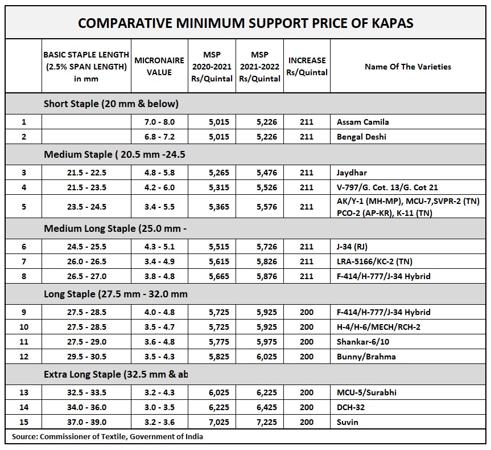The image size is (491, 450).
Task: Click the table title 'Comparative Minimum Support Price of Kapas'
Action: [246, 23]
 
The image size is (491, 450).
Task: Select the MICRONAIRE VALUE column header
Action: [159, 66]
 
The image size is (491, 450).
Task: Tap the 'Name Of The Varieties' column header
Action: [408, 67]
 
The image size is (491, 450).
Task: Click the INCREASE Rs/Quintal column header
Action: [307, 66]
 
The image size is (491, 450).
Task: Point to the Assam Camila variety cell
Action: [362, 122]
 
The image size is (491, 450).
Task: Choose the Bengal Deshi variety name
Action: [361, 137]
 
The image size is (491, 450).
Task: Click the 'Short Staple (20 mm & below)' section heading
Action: [111, 104]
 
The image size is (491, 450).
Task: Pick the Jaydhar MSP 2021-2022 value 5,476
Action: [267, 173]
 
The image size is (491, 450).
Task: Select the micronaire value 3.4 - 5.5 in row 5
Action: [159, 207]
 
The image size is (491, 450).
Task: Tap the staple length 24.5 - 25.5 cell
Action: [86, 247]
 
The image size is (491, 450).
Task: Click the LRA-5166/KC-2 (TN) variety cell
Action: [374, 261]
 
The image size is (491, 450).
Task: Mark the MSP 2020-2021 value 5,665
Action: [219, 276]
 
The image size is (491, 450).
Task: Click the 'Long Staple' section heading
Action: [115, 294]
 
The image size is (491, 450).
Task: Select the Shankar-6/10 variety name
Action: [362, 342]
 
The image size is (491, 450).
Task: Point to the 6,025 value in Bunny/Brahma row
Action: [267, 357]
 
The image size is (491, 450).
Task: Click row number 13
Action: [24, 392]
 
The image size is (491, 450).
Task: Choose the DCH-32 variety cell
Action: [350, 407]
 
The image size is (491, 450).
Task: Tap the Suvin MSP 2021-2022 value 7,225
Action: [267, 422]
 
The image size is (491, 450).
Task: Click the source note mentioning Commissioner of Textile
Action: [108, 436]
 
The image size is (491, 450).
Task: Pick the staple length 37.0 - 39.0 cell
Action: [86, 422]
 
